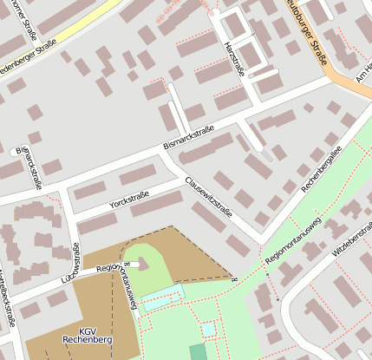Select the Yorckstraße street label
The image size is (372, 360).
pyautogui.click(x=129, y=200)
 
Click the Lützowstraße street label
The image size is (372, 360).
pyautogui.click(x=76, y=277)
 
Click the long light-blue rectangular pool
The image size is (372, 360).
pyautogui.click(x=163, y=299)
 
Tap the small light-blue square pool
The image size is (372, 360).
pyautogui.click(x=209, y=330)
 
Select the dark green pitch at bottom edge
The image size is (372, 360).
pyautogui.click(x=199, y=352)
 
